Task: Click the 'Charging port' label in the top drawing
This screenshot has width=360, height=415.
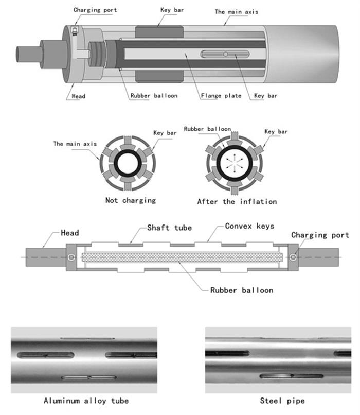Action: point(95,10)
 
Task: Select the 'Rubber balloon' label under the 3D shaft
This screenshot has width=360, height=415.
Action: point(154,96)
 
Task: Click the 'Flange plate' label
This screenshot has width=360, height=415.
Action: point(220,96)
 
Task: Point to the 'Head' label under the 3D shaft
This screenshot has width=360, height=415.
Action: point(79,96)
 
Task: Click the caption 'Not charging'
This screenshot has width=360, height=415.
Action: point(130,200)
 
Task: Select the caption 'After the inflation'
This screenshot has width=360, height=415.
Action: point(237,201)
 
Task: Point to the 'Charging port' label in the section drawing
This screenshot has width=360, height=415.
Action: point(317,235)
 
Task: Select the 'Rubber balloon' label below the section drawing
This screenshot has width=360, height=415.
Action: point(241,290)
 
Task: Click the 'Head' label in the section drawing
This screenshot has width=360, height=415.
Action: point(70,233)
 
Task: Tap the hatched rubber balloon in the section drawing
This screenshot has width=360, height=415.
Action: point(183,256)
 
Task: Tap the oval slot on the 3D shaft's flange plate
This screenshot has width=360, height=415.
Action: point(225,54)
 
